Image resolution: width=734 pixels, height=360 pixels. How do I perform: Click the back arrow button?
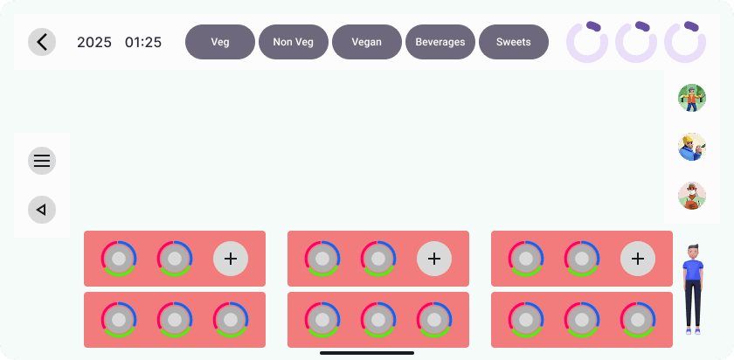pos(42,42)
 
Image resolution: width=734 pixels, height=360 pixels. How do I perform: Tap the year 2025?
pos(94,42)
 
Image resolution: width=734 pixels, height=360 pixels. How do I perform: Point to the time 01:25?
pos(143,42)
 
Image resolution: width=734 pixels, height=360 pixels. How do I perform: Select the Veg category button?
pos(220,42)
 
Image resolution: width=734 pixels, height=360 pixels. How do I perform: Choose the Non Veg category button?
pos(294,42)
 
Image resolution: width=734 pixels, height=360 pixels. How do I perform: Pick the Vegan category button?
pos(367,42)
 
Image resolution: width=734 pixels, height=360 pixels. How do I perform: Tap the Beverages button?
pos(440,42)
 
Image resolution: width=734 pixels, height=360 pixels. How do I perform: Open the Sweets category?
pos(514,42)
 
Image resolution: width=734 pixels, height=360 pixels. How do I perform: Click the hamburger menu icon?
pos(42,161)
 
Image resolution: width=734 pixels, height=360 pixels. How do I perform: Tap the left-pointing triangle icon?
pos(42,210)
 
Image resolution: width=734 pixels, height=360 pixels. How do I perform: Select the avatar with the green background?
pos(692,98)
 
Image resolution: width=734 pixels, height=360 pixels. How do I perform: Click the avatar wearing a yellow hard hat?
pos(692,147)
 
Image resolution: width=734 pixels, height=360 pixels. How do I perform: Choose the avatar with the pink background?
pos(692,196)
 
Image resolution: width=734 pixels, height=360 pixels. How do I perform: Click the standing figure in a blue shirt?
pos(693,288)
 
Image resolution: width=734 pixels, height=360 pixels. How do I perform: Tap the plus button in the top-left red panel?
pos(231,259)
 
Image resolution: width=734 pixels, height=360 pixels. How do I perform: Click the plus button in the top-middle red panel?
pos(434,259)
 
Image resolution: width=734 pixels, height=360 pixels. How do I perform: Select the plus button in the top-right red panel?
pos(638,259)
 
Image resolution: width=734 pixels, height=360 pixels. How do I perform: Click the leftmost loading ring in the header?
pos(587,42)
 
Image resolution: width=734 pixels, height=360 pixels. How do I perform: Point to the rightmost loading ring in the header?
pos(685,42)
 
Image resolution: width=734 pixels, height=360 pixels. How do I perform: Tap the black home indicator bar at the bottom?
pos(367,353)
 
